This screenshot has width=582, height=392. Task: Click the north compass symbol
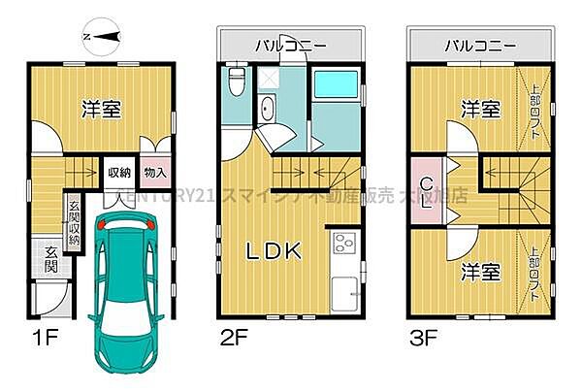[102, 36]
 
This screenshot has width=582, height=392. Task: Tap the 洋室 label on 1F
[100, 110]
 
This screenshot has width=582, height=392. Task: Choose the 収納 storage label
[119, 174]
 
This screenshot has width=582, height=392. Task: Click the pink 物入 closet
[154, 174]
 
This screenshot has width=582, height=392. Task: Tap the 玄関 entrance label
[51, 259]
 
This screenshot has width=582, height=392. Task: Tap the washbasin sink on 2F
[268, 107]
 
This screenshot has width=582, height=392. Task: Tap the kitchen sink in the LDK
[345, 288]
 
